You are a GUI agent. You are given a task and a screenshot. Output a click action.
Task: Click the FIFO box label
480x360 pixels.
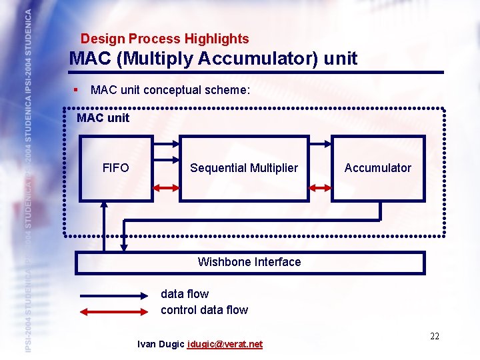coord(116,168)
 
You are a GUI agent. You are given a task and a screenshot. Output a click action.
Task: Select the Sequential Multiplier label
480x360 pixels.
coord(244,168)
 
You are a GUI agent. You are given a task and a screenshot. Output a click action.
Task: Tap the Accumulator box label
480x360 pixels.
coord(377,168)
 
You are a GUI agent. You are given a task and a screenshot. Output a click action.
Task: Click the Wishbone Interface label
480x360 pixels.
coord(249,262)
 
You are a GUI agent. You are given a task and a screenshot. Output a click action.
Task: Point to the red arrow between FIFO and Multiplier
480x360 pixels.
coord(166,189)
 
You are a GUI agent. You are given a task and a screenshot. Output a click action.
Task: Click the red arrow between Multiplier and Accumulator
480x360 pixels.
coord(320,189)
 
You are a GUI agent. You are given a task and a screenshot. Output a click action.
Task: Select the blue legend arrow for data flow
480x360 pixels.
coord(114,294)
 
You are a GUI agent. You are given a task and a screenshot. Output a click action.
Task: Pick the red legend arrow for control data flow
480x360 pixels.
coord(114,310)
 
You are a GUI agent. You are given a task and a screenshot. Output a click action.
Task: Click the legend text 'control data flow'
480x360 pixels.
coord(204,310)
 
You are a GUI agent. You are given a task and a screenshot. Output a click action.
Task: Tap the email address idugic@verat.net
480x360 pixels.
coord(225,344)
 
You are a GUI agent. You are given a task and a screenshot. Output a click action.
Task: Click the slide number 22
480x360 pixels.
coord(435,336)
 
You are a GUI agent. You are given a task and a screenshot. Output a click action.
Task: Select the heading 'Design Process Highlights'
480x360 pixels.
coord(165,39)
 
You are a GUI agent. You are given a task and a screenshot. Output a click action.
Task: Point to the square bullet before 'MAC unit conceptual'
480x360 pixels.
coord(77,89)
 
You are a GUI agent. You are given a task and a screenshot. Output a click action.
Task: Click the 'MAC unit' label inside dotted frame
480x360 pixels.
coord(103,118)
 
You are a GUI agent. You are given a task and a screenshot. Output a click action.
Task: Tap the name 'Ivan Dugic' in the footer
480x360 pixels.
coord(161,344)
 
